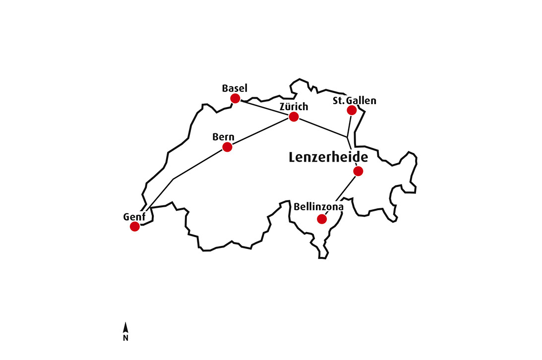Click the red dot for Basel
(236, 99)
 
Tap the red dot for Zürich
(294, 117)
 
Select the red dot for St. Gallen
(352, 110)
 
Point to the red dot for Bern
(227, 147)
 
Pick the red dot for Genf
(134, 227)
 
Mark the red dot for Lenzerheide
(358, 171)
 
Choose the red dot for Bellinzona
(322, 219)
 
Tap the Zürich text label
(294, 107)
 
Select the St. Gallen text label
(354, 101)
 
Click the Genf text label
(134, 217)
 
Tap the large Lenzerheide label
(329, 158)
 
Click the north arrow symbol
(125, 328)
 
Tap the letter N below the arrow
(125, 338)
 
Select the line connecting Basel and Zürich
(264, 108)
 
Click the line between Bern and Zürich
(260, 131)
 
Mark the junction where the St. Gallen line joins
(348, 136)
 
